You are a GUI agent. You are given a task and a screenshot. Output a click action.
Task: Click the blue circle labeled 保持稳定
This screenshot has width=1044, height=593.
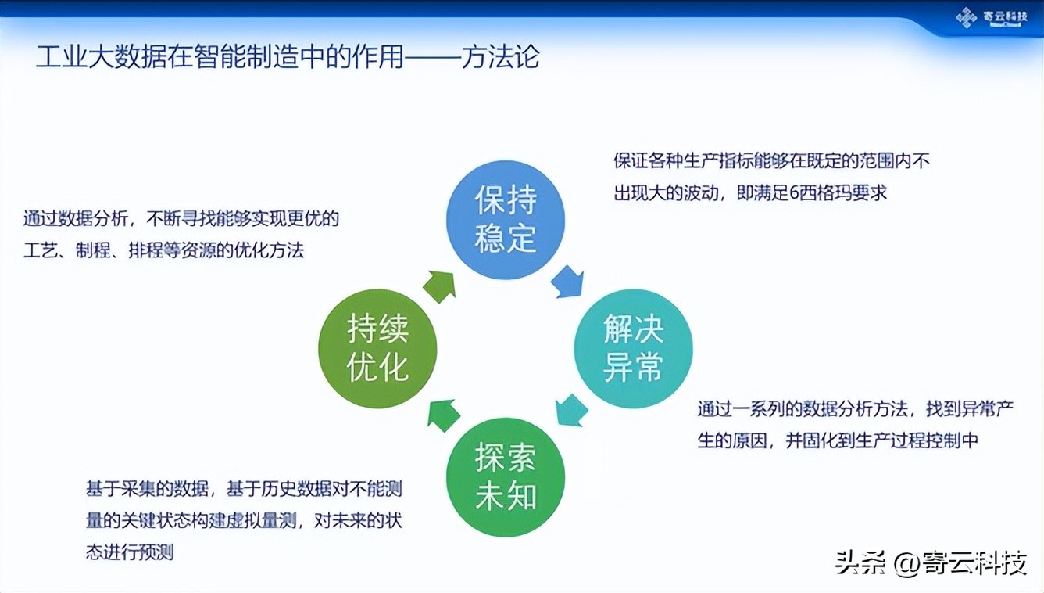505,220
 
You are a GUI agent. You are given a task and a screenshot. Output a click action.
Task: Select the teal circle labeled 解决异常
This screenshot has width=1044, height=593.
633,348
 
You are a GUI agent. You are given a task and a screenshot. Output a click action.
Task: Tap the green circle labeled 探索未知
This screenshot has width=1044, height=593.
505,476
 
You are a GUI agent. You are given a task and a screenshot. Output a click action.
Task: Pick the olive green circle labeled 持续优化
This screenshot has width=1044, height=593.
377,348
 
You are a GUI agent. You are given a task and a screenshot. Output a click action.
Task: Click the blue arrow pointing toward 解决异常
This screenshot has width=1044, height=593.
567,281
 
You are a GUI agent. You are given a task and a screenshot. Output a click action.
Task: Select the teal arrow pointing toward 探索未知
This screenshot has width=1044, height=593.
571,410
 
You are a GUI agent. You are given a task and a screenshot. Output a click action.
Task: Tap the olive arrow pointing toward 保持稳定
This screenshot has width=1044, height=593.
439,286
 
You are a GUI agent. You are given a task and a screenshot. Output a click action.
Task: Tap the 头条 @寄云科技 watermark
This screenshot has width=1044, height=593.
930,562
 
